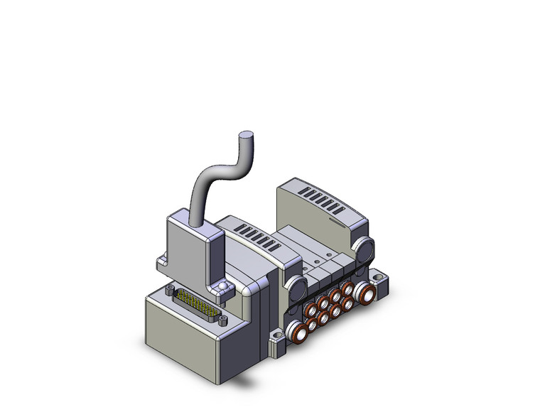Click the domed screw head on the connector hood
tap(224, 286)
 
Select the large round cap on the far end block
tap(364, 250)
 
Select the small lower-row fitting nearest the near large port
tap(313, 325)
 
